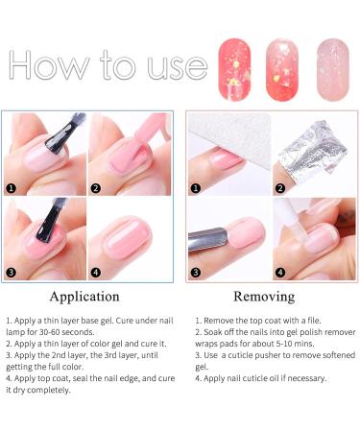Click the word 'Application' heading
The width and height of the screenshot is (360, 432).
pos(84,297)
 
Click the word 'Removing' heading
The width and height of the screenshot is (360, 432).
pos(264,297)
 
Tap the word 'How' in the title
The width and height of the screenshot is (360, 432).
pos(49,65)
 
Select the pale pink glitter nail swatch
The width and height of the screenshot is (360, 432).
pos(333,70)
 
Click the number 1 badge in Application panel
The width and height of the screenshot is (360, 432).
pos(12,188)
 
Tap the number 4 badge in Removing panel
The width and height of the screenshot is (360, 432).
pos(280,273)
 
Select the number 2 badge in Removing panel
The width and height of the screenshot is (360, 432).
pos(280,188)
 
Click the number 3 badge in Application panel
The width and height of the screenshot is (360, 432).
pos(12,273)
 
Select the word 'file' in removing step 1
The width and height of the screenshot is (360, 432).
pos(314,321)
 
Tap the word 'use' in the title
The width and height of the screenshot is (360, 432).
pos(177,68)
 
